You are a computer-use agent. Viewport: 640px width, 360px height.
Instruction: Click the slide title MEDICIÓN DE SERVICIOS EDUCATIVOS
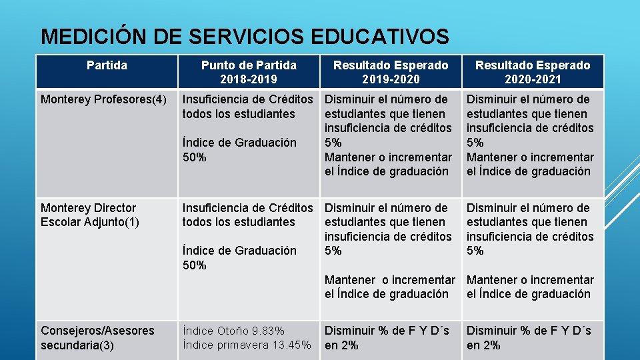point(245,35)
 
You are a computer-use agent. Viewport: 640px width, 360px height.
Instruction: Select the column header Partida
point(107,65)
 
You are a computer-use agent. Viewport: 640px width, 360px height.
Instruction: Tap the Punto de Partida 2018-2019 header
point(249,72)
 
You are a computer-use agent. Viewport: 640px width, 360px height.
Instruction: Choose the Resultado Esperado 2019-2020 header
point(391,72)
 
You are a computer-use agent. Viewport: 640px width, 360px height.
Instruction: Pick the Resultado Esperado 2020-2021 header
point(532,72)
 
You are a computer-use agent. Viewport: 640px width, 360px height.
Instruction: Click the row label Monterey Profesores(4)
point(103,100)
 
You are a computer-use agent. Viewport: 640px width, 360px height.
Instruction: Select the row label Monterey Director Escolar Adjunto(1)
point(90,215)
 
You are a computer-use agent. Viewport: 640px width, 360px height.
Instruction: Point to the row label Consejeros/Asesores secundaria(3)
point(97,337)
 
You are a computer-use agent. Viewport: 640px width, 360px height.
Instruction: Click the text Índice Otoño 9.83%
point(233,331)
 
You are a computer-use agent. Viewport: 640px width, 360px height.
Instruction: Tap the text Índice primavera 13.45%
point(247,345)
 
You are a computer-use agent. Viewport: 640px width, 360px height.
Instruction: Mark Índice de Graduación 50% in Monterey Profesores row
point(239,150)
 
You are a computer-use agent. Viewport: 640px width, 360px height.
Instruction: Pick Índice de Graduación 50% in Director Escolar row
point(239,258)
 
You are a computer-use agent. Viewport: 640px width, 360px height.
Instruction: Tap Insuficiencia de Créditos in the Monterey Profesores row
point(247,99)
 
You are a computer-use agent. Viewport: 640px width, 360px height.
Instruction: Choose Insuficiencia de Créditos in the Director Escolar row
point(247,208)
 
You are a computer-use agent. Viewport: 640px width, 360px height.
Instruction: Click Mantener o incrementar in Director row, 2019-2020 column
point(389,280)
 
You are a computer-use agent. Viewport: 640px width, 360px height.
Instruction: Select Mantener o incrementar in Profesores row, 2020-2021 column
point(530,157)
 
